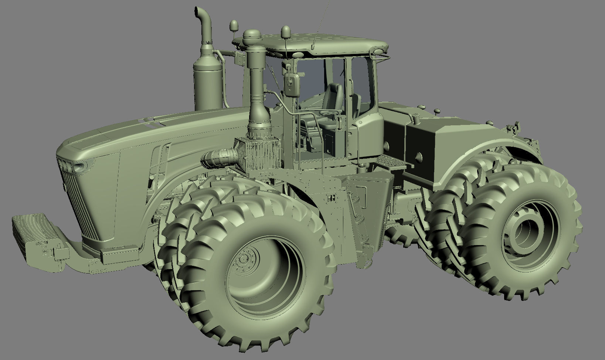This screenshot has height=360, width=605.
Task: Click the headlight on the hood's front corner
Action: click(79, 167)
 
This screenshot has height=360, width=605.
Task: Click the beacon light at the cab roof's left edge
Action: click(234, 26)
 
